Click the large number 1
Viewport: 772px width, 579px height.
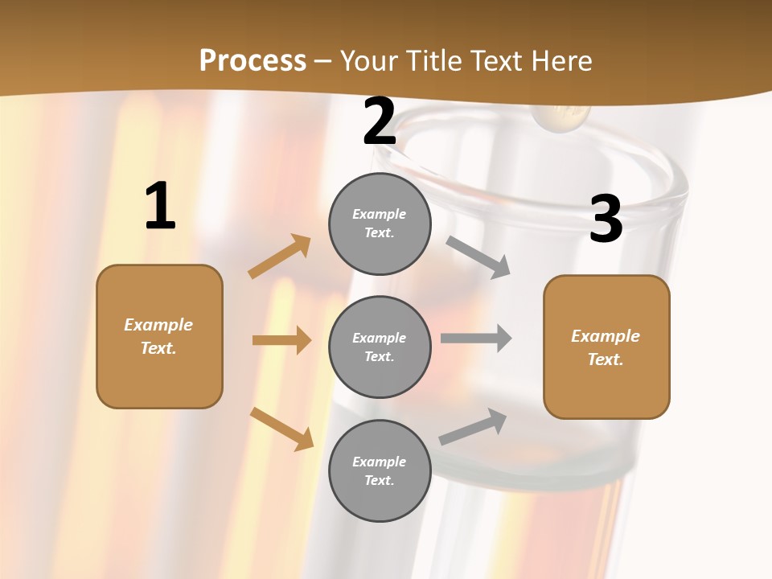click(x=160, y=207)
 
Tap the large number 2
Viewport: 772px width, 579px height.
click(x=380, y=122)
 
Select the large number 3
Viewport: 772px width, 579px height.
click(x=606, y=220)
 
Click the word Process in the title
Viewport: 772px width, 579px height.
click(x=253, y=61)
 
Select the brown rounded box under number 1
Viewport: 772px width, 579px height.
click(x=159, y=336)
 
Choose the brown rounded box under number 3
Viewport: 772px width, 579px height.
click(x=606, y=347)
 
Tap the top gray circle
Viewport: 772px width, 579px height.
click(x=380, y=224)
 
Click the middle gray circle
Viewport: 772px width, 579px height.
click(x=380, y=347)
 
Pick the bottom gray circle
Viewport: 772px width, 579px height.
click(x=380, y=470)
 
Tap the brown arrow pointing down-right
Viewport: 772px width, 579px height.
click(x=282, y=429)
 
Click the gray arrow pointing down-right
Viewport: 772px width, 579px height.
click(x=478, y=257)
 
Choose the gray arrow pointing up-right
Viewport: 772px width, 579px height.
click(x=473, y=427)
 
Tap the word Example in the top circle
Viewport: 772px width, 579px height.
click(x=380, y=214)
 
